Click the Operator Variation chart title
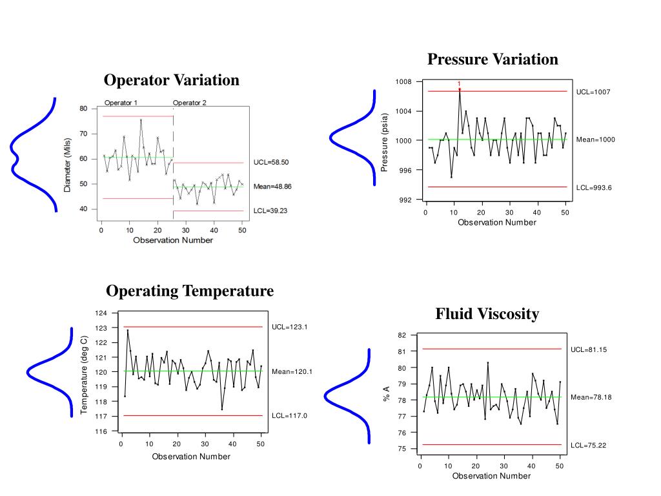[172, 80]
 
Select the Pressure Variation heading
[493, 59]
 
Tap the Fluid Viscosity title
[487, 314]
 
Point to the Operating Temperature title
[190, 291]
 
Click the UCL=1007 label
[593, 92]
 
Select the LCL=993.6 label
[593, 187]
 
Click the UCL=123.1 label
[290, 327]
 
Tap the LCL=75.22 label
[589, 446]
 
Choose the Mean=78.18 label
[591, 397]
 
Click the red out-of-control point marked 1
[460, 88]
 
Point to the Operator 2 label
[190, 103]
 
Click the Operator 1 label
[121, 103]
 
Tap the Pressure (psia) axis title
[384, 143]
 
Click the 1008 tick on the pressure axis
[403, 82]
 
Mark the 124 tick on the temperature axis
[101, 313]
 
